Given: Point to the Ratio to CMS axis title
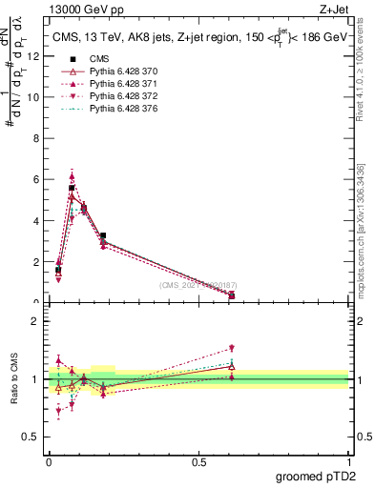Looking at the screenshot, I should [14, 379].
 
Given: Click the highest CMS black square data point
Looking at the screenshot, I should [72, 189].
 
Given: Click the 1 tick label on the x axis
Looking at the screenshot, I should [348, 463].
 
